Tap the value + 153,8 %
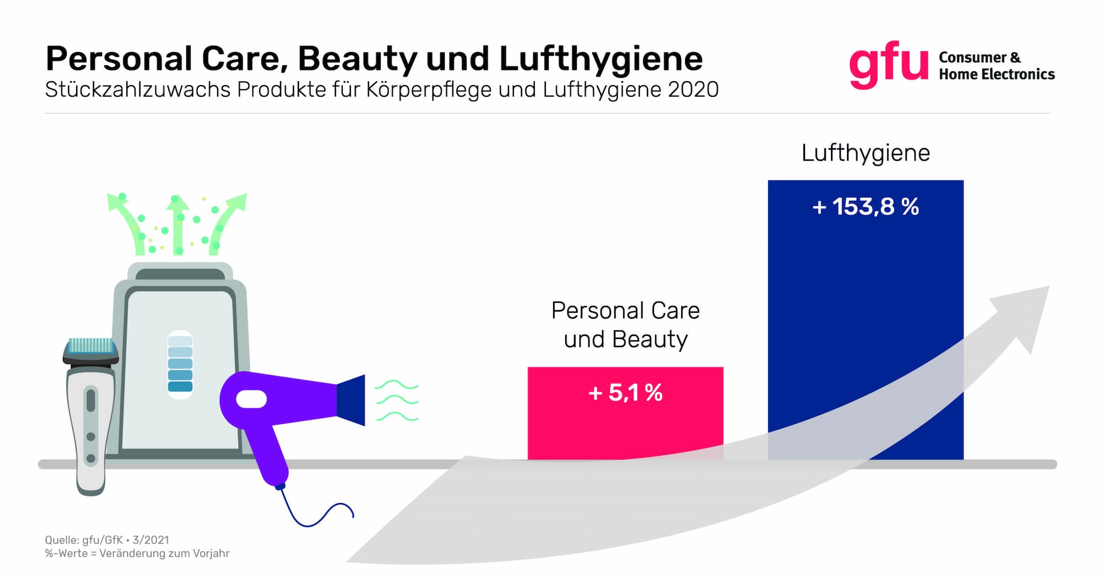point(865,207)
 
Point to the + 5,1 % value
point(625,393)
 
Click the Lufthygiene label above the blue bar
point(865,153)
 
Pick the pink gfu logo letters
point(888,65)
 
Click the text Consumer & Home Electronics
point(996,66)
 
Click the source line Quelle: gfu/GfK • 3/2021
point(107,540)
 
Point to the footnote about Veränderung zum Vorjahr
point(137,553)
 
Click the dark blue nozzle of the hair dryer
point(351,400)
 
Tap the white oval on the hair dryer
point(251,399)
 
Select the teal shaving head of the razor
point(90,346)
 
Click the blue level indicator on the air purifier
point(180,364)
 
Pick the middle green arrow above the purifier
point(178,224)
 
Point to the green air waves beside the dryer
point(396,401)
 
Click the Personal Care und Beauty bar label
point(625,325)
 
